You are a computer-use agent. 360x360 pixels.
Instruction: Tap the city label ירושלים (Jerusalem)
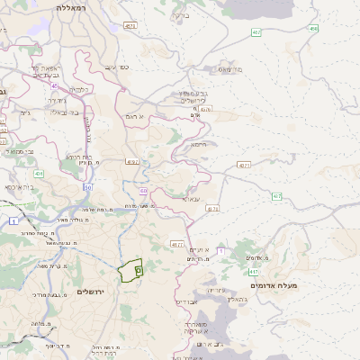tap(91, 292)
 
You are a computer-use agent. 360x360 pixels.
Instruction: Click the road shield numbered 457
tap(256, 32)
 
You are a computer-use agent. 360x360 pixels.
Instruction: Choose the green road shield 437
tap(276, 196)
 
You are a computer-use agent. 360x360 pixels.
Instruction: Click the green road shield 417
tap(255, 271)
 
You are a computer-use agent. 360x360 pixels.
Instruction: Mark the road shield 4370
tap(212, 208)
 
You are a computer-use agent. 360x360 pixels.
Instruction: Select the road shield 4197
tap(133, 162)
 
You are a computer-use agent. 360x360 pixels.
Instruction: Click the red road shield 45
tap(54, 86)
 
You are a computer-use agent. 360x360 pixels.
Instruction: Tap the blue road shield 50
tap(88, 186)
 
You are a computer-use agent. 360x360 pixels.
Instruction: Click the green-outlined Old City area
tap(131, 270)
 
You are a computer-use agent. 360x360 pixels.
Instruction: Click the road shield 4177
tap(176, 244)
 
